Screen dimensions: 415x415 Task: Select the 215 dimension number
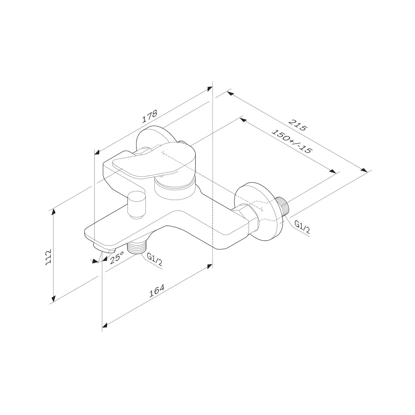298,125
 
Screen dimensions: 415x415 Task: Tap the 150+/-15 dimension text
292,142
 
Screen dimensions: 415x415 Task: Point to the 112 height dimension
48,257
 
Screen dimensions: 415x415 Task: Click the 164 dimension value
157,291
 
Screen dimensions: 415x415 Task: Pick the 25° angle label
117,258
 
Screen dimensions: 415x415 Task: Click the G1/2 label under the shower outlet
154,260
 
